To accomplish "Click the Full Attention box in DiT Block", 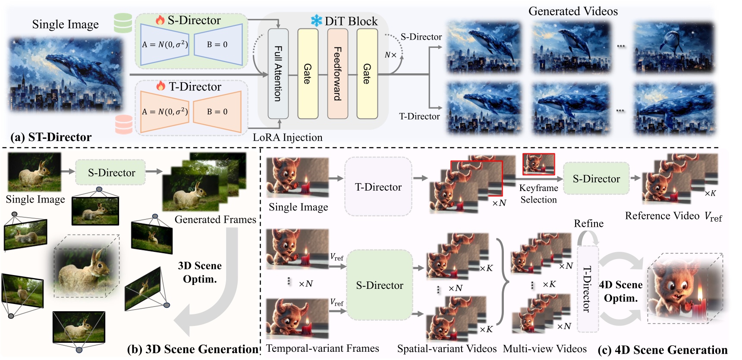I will coord(278,74).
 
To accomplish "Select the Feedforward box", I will coord(337,74).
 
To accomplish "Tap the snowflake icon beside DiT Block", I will coord(316,21).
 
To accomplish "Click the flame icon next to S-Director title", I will coord(160,20).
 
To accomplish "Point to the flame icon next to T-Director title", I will coord(160,86).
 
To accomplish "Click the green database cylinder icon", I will coord(123,23).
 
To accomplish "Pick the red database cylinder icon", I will coord(124,124).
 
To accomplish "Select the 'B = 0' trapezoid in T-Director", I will coord(217,112).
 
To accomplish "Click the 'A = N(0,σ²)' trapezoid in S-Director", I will coord(165,44).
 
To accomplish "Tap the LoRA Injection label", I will coord(287,138).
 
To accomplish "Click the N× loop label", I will coord(390,55).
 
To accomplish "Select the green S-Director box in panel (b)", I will coord(111,173).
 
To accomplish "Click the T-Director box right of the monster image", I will coord(378,187).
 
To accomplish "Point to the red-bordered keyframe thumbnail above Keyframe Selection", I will coord(538,164).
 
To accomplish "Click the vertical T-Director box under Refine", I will coord(588,289).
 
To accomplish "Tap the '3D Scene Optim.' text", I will coord(200,272).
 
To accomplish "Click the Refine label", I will coord(588,223).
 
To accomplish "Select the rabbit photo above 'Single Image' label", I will coord(35,172).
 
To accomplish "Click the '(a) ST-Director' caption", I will coord(51,137).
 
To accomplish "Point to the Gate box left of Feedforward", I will coord(308,74).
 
